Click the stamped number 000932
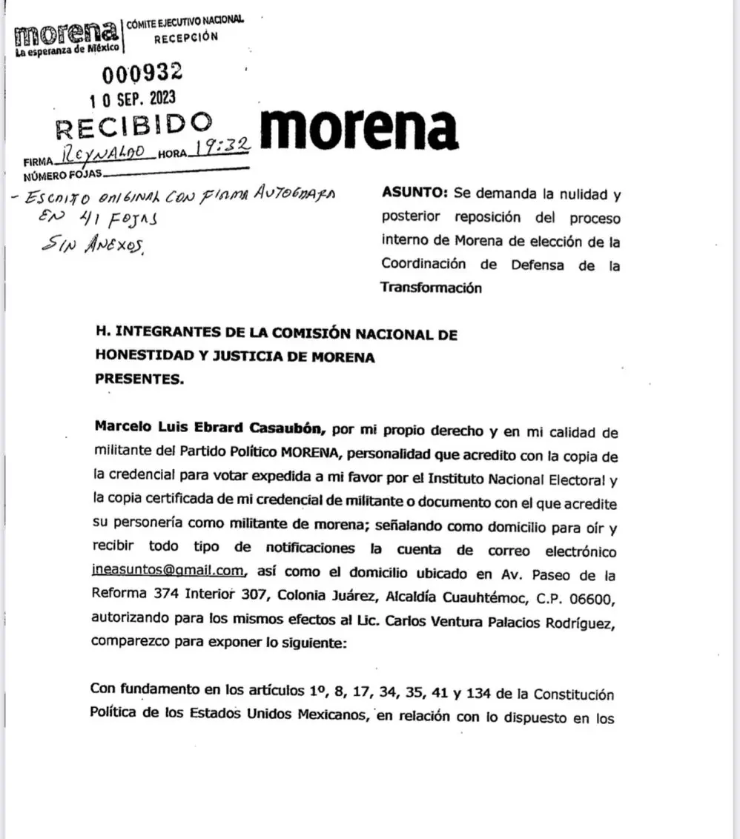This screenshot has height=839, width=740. coord(142,73)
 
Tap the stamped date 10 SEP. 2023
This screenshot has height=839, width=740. coord(133,99)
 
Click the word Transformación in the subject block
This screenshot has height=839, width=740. coord(431,288)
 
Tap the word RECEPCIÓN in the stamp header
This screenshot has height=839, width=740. coord(185,36)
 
